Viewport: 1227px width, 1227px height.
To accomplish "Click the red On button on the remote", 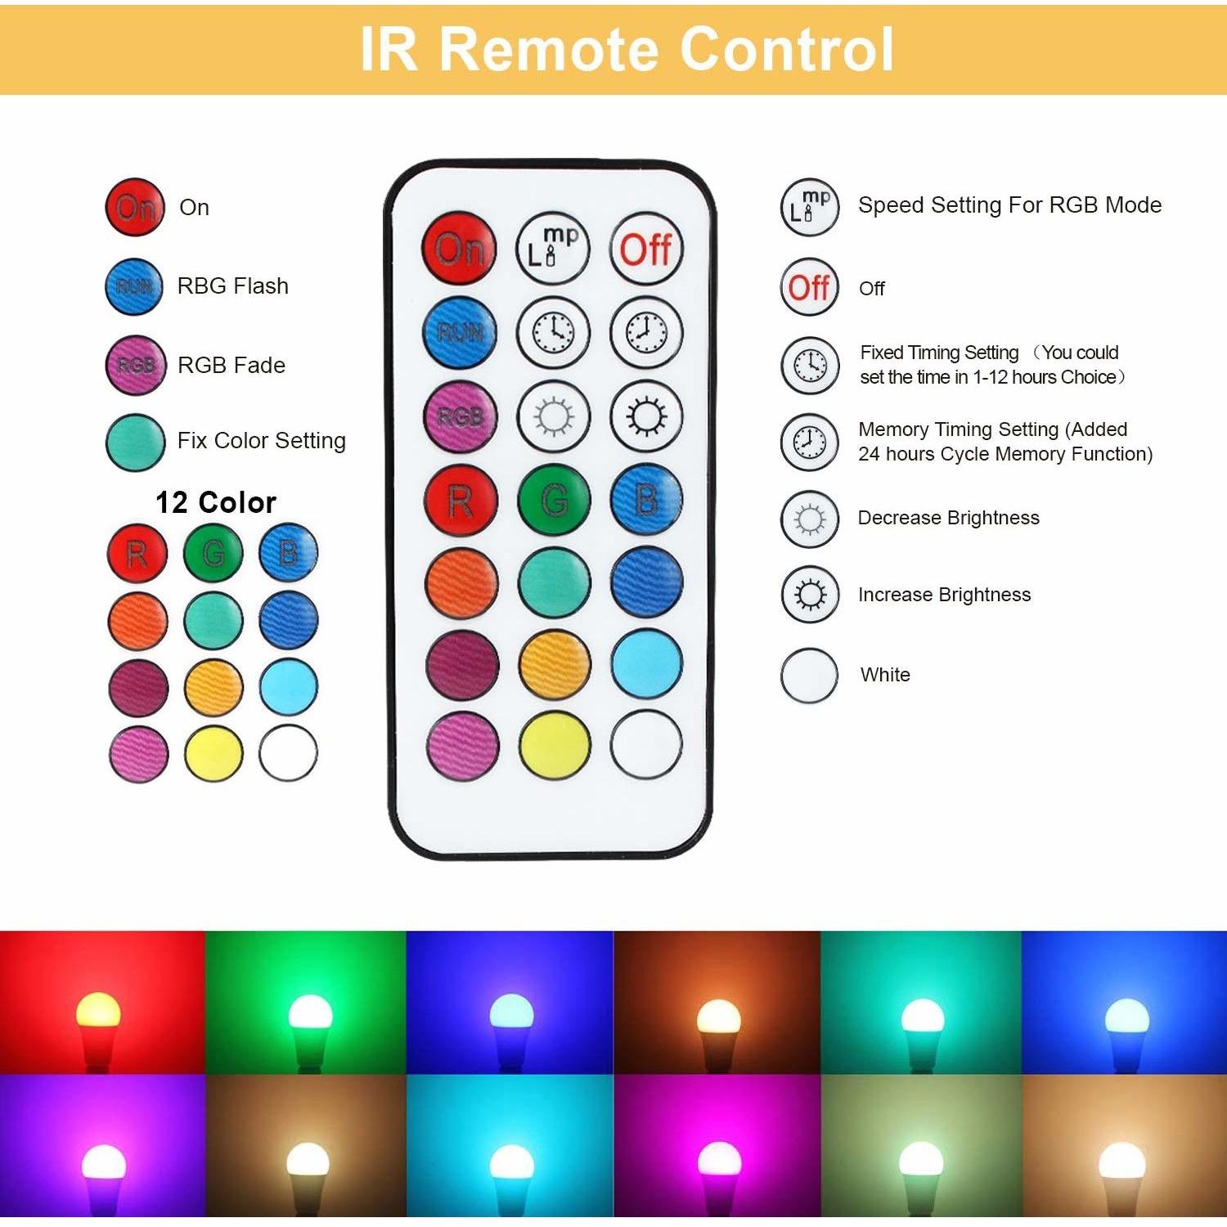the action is tap(460, 248).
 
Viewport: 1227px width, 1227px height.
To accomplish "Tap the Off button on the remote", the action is tap(645, 248).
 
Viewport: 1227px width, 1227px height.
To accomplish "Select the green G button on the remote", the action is tap(554, 499).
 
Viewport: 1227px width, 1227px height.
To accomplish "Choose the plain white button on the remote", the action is tap(646, 745).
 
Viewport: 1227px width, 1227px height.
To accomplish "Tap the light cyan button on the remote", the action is tap(646, 663).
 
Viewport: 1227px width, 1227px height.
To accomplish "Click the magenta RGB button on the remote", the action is tap(461, 416).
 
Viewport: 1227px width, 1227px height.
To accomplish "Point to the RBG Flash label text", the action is tap(233, 286).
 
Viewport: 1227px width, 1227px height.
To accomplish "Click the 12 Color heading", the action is tap(216, 502).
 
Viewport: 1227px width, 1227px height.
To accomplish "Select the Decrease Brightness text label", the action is tap(949, 518).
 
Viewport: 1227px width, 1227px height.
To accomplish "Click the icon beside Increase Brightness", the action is tap(810, 595).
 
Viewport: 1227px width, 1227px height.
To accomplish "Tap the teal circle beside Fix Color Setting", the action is tap(136, 442).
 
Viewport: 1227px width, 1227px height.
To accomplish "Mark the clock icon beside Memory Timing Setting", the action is tap(810, 442).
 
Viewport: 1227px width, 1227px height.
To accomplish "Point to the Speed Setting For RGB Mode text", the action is tap(1010, 205).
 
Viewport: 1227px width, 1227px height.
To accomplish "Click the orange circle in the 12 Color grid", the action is tap(137, 621).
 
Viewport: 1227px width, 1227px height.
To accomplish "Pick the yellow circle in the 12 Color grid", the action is tap(213, 753).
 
